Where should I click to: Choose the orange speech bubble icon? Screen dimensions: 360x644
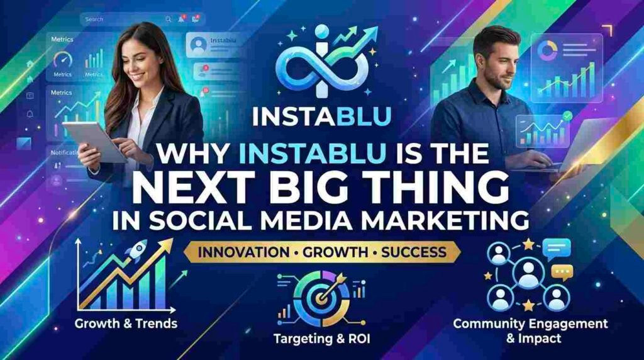(x=561, y=273)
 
